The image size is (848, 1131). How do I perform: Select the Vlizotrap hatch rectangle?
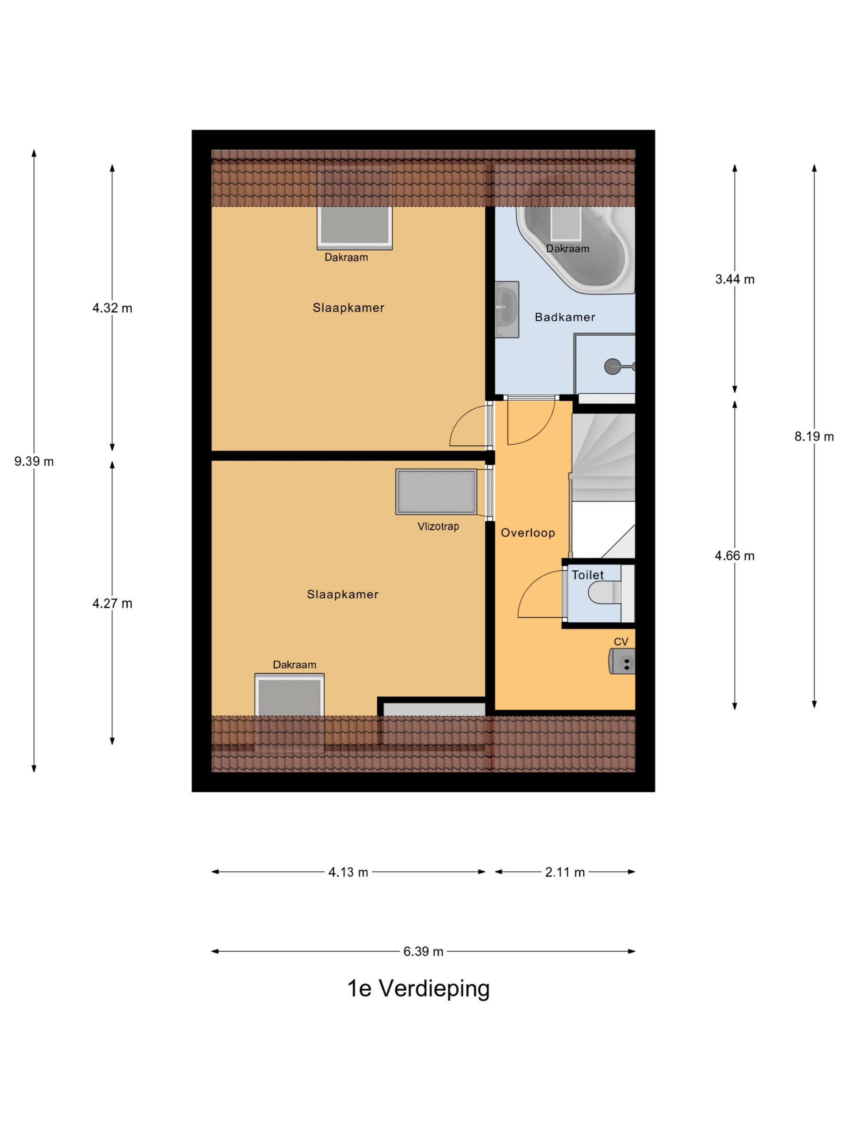[x=436, y=492]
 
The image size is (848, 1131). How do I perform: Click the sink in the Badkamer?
[x=507, y=309]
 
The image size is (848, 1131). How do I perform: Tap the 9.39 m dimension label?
[x=34, y=462]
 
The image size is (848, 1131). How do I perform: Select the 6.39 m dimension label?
[x=423, y=952]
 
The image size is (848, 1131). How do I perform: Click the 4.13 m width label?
[x=348, y=872]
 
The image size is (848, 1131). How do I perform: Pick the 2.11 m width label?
[x=565, y=872]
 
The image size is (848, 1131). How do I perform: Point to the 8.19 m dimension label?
[x=814, y=436]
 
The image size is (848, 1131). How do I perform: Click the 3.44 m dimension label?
[x=734, y=279]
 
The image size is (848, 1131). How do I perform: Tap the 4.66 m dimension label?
[x=734, y=556]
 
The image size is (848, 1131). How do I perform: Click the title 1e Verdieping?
[x=418, y=988]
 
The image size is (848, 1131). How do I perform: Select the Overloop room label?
[x=527, y=533]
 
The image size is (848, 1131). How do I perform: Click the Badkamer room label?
[x=565, y=317]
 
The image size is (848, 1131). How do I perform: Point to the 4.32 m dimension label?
[x=112, y=308]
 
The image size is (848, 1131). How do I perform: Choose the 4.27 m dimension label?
[x=112, y=604]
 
